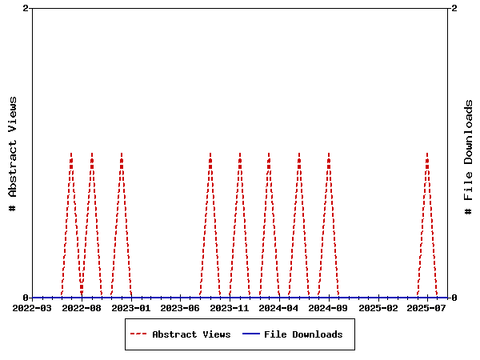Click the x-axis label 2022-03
[32, 307]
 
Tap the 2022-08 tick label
[82, 307]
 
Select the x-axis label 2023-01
[131, 307]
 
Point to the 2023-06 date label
[180, 307]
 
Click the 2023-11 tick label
[230, 307]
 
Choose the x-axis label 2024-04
[279, 307]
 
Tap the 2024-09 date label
[328, 307]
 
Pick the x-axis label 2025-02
[378, 307]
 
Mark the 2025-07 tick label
[427, 307]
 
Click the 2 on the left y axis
[26, 8]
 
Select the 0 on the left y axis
[26, 298]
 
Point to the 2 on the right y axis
[454, 8]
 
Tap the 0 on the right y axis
[454, 298]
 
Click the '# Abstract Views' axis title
[13, 153]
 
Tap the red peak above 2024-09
[328, 154]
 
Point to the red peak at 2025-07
[427, 154]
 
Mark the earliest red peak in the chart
[71, 154]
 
